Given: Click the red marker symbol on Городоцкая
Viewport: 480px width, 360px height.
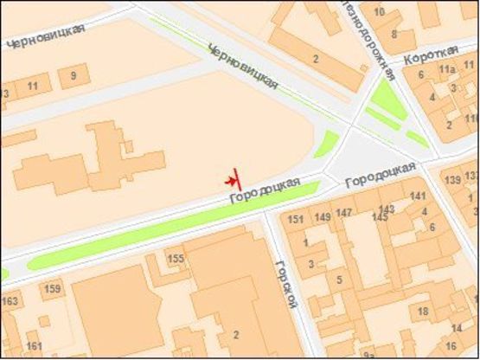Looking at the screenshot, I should click(233, 180).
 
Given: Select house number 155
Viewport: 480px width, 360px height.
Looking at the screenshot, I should click(176, 258).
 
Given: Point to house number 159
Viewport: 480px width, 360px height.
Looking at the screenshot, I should click(53, 288).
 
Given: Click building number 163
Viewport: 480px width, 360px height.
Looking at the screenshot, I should click(10, 301).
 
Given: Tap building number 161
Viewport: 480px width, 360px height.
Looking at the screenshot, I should click(35, 346).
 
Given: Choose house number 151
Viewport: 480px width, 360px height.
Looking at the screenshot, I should click(297, 219).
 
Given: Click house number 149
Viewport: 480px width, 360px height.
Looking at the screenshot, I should click(322, 216).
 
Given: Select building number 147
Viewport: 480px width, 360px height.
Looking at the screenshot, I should click(345, 213).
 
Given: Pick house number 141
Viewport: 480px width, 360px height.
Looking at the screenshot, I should click(419, 196).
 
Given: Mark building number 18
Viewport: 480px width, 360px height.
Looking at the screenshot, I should click(423, 312).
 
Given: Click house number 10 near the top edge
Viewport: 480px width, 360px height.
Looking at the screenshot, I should click(377, 14).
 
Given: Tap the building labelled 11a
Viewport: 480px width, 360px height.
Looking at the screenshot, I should click(446, 68).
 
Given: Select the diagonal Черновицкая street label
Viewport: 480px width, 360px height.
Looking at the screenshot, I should click(243, 67).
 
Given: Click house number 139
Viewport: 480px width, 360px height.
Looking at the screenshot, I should click(451, 180).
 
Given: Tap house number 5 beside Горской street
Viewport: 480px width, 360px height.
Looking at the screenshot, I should click(339, 280).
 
